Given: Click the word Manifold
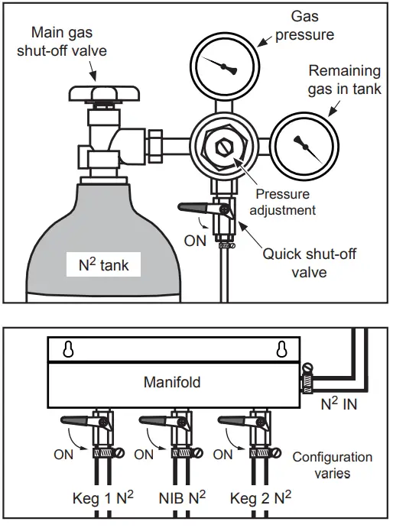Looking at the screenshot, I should (172, 381).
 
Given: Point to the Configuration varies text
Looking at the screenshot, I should (333, 465).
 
